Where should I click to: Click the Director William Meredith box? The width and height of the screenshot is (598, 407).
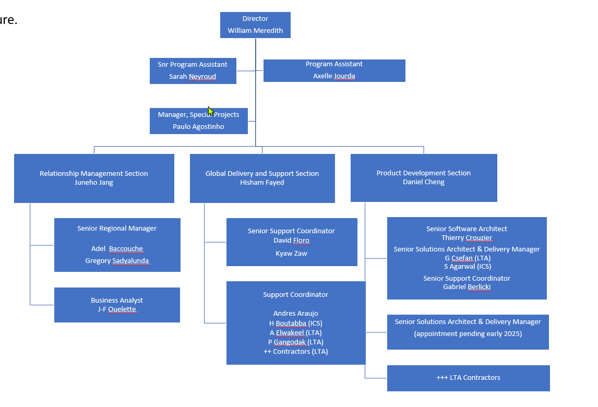[255, 25]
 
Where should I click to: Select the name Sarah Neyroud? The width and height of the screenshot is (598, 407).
[193, 76]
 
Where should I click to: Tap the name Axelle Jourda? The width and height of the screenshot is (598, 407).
[334, 76]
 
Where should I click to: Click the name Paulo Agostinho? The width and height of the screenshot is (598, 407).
[198, 127]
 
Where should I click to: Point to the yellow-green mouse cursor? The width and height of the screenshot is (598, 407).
[210, 111]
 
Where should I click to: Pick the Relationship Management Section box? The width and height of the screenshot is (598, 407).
[94, 178]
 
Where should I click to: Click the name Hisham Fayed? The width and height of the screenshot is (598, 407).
[262, 182]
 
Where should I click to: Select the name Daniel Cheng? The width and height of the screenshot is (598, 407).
[424, 182]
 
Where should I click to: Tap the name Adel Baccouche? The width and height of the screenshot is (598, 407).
[117, 249]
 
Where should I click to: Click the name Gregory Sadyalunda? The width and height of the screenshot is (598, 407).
[117, 261]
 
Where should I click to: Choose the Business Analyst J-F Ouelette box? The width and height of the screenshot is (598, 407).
[117, 305]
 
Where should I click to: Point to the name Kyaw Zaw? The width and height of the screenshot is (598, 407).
[291, 253]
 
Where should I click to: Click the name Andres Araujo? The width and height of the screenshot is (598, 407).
[295, 313]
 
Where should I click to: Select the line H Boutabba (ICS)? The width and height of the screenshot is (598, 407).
[295, 323]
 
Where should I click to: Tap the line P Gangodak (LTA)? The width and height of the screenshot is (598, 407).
[295, 342]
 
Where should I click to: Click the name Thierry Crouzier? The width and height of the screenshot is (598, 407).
[467, 238]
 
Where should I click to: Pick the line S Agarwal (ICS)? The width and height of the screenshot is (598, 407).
[468, 266]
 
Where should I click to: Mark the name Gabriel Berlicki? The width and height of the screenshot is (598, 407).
[467, 287]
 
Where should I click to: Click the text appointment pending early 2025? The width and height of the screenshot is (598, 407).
[468, 334]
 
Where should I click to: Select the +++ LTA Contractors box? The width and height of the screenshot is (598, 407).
[469, 378]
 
